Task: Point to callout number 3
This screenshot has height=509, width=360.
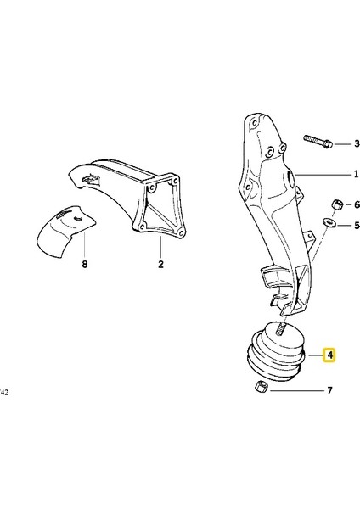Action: tap(333, 143)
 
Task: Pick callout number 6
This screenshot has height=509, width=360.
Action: tap(333, 205)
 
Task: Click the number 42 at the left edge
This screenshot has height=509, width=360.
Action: tap(5, 393)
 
